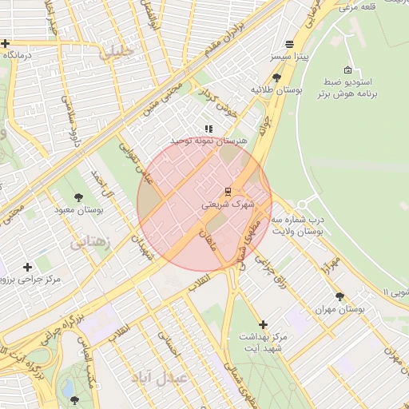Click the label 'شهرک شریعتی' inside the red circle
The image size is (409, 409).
[228, 204]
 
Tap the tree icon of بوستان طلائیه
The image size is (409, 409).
[276, 77]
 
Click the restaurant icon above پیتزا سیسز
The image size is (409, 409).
[288, 44]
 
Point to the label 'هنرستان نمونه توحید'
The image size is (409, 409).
[210, 141]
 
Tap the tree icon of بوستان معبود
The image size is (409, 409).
[78, 197]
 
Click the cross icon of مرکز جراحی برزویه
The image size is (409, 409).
[28, 267]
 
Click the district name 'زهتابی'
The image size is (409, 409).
[90, 242]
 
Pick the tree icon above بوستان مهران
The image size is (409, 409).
[340, 296]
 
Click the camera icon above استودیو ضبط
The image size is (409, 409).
[346, 69]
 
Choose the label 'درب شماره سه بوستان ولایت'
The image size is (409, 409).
[297, 224]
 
